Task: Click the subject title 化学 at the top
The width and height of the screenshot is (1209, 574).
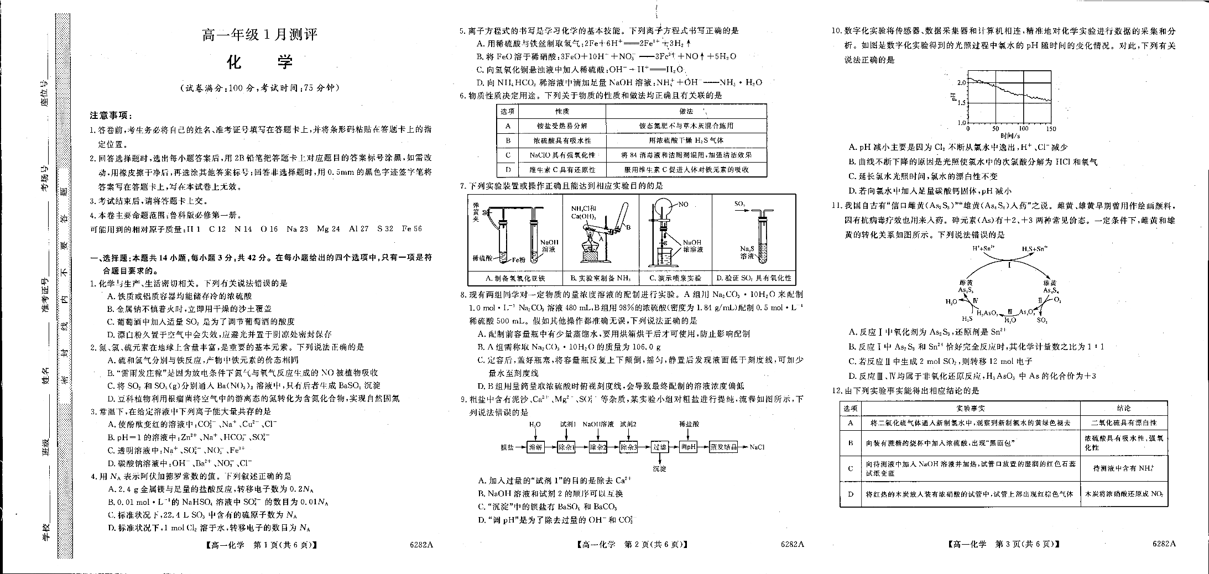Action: (259, 62)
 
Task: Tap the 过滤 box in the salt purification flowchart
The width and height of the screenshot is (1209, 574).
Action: (659, 447)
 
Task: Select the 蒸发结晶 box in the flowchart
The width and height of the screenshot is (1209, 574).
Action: (723, 447)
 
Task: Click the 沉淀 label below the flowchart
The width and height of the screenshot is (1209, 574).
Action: (659, 468)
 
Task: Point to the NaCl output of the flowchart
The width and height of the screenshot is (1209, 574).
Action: (757, 447)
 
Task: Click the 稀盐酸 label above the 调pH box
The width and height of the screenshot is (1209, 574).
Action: (689, 424)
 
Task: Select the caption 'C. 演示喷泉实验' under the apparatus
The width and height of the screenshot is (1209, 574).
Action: (675, 278)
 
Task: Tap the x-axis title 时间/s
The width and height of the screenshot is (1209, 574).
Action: (1010, 135)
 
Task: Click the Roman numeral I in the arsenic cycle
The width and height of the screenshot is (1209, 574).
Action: (1009, 265)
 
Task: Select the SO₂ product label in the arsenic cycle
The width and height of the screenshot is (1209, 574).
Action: (1042, 320)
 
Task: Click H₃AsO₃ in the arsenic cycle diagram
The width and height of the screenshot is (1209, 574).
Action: (987, 313)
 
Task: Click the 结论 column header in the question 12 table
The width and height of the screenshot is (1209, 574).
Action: (1123, 408)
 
